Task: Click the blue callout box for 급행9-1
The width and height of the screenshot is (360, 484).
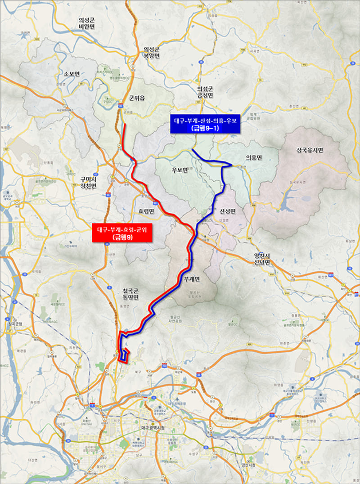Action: (206, 124)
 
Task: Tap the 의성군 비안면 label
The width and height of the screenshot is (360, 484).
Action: (88, 23)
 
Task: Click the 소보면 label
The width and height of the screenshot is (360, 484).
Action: (72, 74)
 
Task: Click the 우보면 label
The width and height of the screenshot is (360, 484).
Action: (179, 170)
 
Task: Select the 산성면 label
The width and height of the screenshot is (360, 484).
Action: (229, 211)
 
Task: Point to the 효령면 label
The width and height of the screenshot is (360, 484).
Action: (146, 211)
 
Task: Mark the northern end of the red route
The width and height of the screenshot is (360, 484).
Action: (124, 125)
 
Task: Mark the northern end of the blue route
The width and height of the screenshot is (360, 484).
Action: (192, 149)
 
